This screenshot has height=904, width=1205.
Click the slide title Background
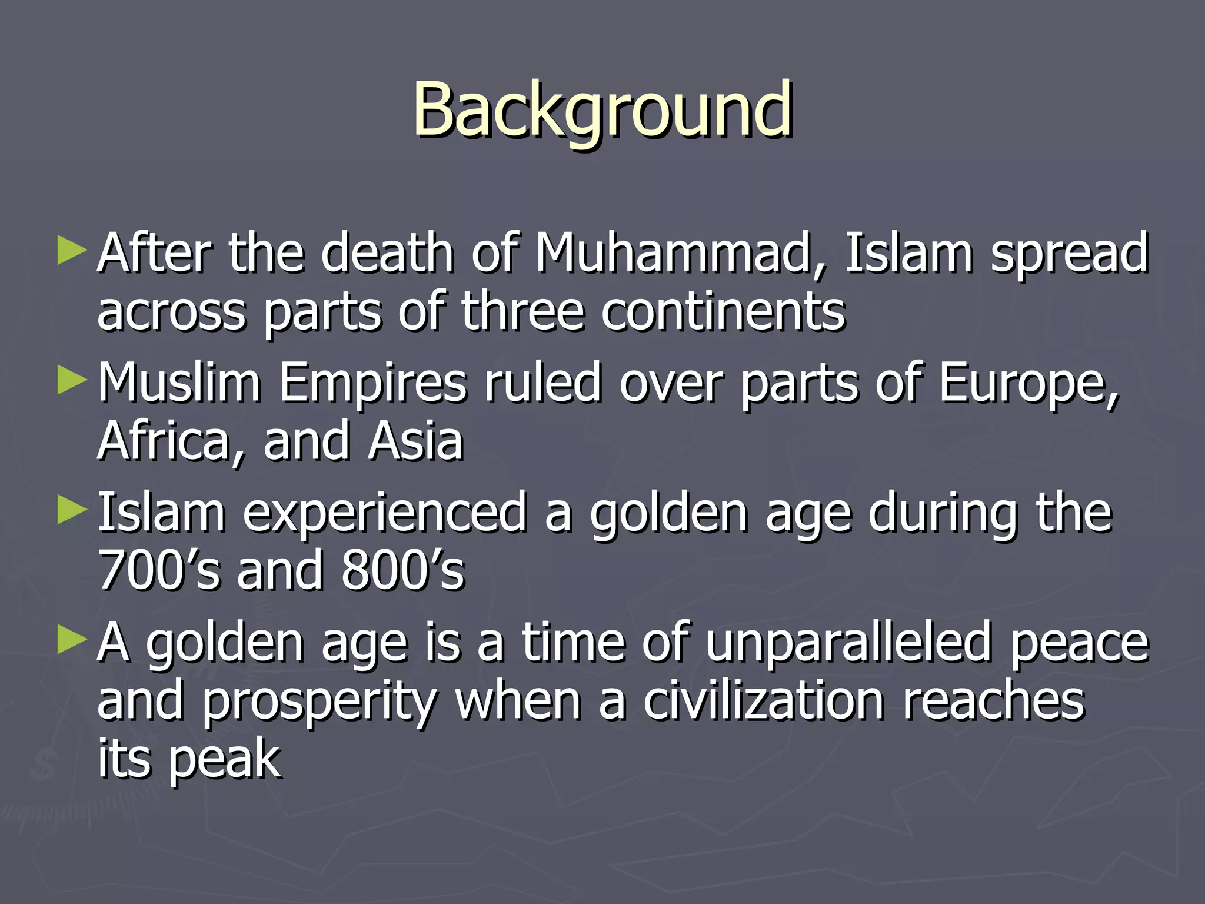point(602,111)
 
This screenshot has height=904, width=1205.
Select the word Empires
point(372,384)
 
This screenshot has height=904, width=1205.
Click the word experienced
point(385,513)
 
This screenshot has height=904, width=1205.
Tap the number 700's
point(159,571)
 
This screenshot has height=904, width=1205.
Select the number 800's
point(403,571)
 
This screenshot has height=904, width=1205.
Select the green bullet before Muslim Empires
point(72,381)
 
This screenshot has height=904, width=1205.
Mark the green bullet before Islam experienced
point(72,510)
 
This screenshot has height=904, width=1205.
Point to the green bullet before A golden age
point(72,640)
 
